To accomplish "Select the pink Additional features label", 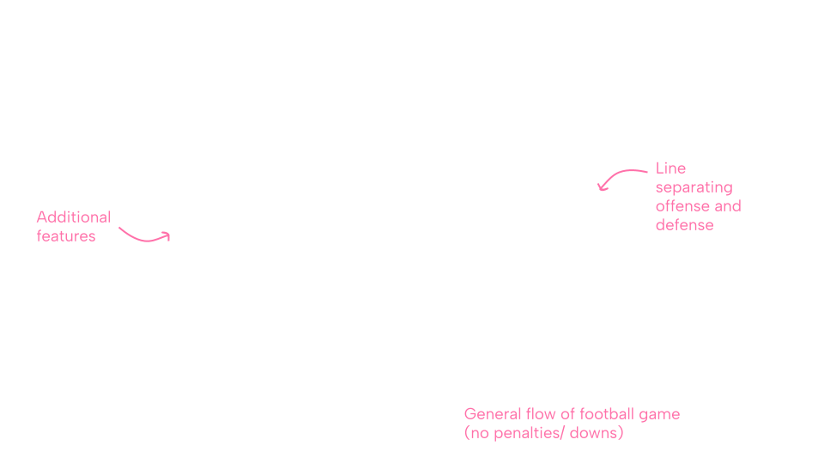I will [x=74, y=226].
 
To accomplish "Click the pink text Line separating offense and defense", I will [x=698, y=196].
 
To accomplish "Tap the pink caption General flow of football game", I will [x=572, y=414].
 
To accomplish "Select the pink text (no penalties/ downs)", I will [x=542, y=433].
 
